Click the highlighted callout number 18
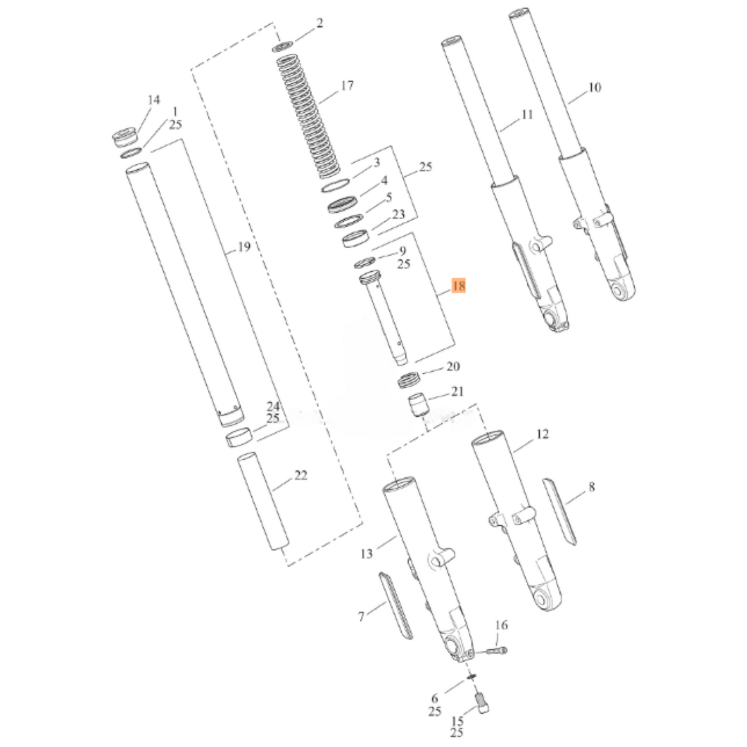pos(459,286)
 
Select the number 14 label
pos(154,100)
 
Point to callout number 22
pos(301,475)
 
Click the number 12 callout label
pos(542,434)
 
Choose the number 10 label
pos(594,87)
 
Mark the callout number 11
pos(527,115)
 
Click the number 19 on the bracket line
pos(244,247)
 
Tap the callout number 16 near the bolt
pos(501,625)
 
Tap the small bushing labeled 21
pos(418,405)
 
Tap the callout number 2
pos(319,23)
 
